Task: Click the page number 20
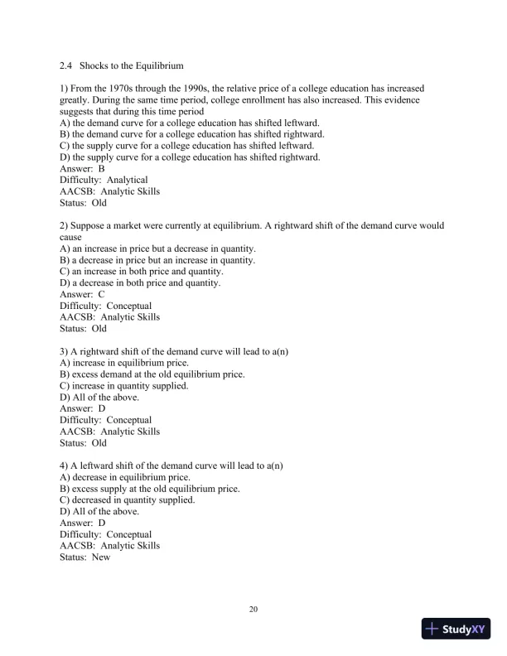click(254, 610)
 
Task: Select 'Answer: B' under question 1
click(82, 168)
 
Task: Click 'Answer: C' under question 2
click(82, 294)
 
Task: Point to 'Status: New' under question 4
click(85, 557)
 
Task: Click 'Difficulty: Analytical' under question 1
click(104, 180)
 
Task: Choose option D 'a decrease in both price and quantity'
click(140, 282)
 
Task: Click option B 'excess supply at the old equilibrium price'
click(150, 489)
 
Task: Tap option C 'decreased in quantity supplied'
click(128, 500)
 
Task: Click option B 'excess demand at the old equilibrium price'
click(152, 374)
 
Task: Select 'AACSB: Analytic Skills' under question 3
click(110, 432)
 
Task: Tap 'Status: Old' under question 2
click(84, 329)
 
